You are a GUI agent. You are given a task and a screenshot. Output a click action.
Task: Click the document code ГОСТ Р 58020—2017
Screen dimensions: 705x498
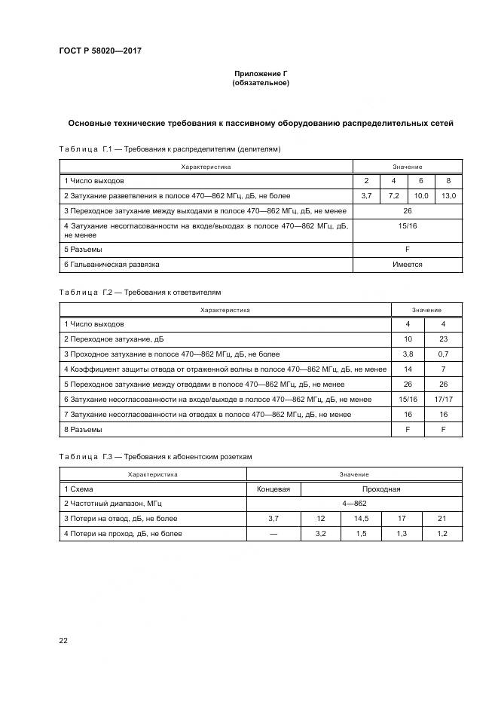(x=99, y=51)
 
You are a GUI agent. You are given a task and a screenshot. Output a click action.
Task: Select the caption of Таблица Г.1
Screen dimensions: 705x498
(x=170, y=149)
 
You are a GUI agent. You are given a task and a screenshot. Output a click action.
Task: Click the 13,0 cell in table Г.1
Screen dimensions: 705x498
(x=448, y=196)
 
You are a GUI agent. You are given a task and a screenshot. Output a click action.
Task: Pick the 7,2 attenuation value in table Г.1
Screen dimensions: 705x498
(x=393, y=196)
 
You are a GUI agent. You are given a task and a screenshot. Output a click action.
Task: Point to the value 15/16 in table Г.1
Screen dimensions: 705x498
(x=407, y=225)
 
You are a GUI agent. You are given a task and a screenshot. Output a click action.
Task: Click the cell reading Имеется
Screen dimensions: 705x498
(x=407, y=265)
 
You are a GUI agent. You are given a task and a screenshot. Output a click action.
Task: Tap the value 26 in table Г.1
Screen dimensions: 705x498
(x=407, y=211)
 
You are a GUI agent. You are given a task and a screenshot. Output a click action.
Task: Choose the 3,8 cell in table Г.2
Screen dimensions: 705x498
(x=408, y=354)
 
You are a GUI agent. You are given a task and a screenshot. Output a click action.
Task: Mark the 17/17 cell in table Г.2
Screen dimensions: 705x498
(x=443, y=399)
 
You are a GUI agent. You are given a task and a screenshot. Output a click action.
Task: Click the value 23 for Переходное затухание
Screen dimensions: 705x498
(x=443, y=339)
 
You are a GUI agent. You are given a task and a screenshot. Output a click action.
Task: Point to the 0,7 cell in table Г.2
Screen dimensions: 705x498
(x=443, y=354)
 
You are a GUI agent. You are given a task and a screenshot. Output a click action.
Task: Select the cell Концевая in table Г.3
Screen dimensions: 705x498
(x=273, y=489)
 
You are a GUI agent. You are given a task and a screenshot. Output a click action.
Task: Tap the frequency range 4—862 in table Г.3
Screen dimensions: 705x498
(x=354, y=503)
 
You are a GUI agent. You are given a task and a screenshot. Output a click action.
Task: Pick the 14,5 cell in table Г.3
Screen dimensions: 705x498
(x=361, y=518)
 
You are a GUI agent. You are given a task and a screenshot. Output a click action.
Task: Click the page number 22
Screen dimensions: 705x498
(x=63, y=640)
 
